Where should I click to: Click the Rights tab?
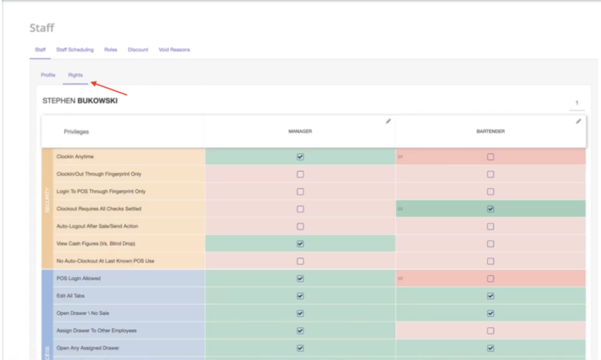click(75, 75)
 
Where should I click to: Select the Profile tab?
click(48, 75)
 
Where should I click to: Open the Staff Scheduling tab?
click(75, 50)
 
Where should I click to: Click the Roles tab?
click(111, 50)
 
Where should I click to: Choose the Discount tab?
click(138, 50)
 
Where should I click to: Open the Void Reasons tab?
click(174, 50)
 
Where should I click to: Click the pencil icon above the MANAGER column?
click(388, 122)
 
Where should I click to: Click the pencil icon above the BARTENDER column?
click(579, 122)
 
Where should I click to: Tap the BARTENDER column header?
click(490, 132)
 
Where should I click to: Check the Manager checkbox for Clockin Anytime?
click(300, 157)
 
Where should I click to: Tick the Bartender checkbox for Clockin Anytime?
click(491, 157)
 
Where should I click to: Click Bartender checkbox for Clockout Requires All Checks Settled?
click(491, 209)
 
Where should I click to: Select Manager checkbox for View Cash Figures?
click(300, 244)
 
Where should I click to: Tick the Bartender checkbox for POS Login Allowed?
click(491, 278)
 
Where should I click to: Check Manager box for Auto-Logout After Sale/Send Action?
click(300, 226)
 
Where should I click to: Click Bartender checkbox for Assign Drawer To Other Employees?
click(491, 331)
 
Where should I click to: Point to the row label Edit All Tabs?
click(70, 296)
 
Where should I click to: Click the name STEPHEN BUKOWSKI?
click(79, 101)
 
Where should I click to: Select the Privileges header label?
click(76, 132)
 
